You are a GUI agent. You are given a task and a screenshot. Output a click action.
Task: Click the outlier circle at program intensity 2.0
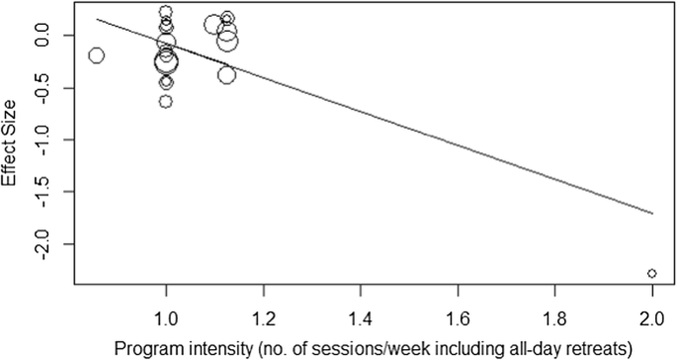point(652,273)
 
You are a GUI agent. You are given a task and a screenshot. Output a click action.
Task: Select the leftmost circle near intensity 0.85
point(96,55)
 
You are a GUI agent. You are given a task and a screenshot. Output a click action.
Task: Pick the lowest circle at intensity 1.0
point(166,101)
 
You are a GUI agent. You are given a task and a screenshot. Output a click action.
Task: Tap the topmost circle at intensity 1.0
point(166,13)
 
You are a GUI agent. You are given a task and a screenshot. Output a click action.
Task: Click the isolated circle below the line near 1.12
point(227,75)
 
